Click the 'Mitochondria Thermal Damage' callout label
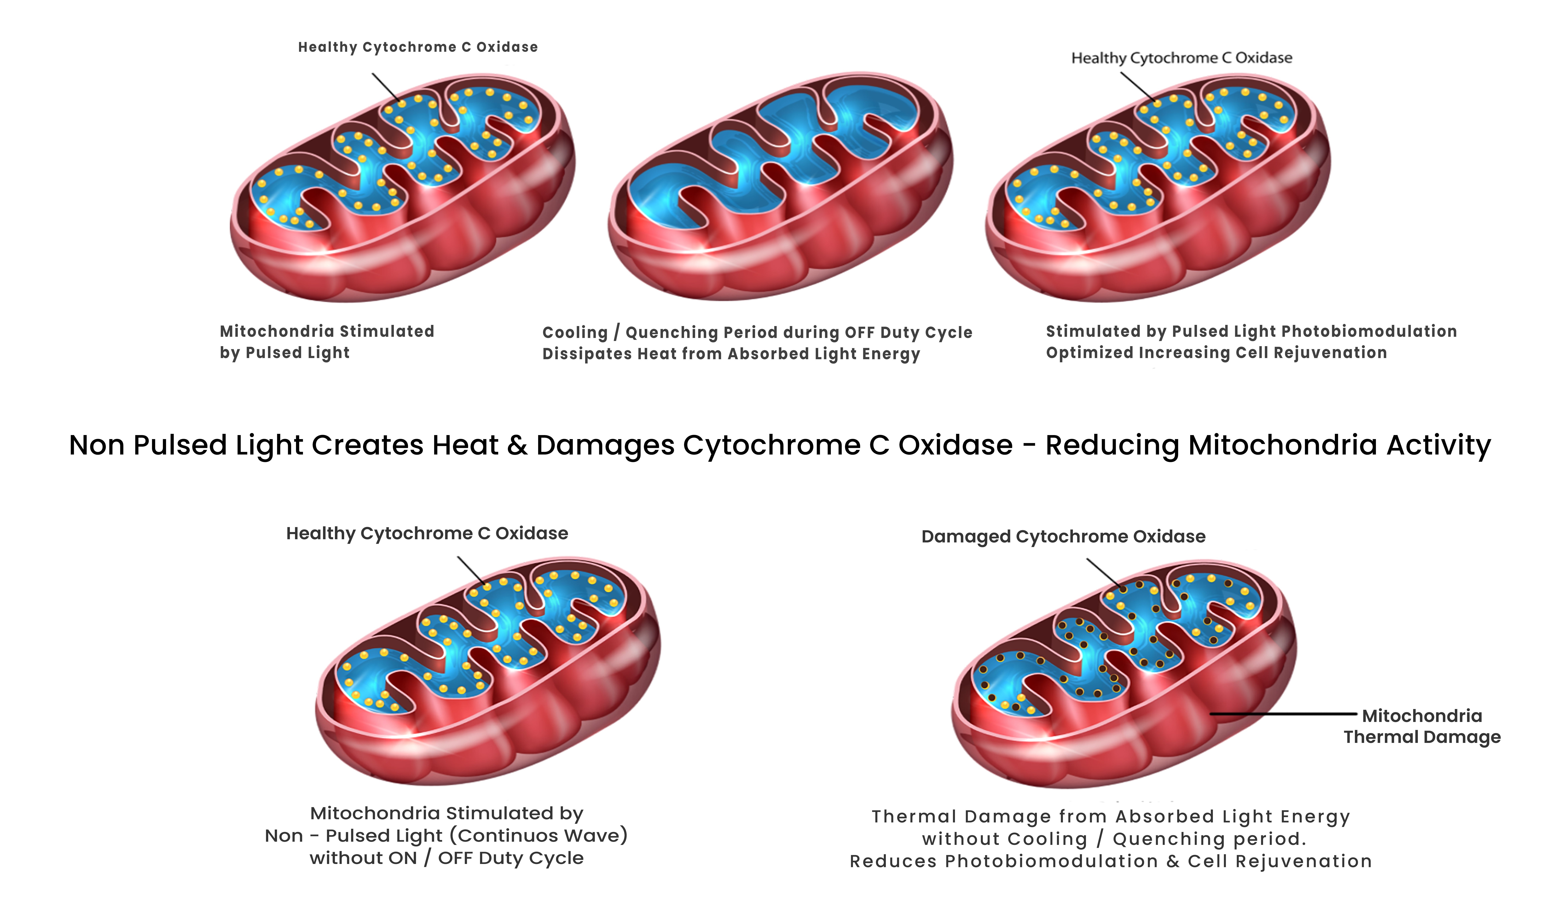[x=1422, y=726]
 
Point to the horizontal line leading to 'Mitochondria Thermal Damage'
[x=1283, y=714]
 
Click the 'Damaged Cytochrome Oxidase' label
[x=1063, y=537]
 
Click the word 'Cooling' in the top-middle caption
[x=575, y=333]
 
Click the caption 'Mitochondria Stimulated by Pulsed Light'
[x=327, y=342]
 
